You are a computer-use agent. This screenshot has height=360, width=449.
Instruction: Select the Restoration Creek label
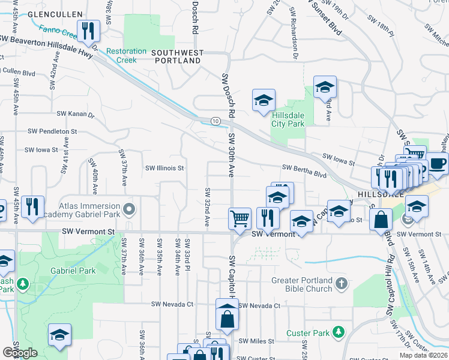click(x=126, y=55)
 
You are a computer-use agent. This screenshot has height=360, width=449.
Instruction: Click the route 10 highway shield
click(x=215, y=121)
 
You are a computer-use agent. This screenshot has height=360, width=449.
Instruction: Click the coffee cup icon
click(x=436, y=163)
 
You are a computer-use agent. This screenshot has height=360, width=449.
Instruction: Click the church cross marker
click(x=341, y=283)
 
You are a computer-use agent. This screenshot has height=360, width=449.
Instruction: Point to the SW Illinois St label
click(x=163, y=169)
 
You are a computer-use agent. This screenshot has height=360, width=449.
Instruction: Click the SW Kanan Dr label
click(x=76, y=113)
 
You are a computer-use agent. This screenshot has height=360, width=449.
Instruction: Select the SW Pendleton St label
click(x=53, y=131)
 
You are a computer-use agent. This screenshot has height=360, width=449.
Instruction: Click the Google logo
click(x=20, y=353)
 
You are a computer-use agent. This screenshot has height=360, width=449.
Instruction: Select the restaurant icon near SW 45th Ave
click(x=32, y=206)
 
